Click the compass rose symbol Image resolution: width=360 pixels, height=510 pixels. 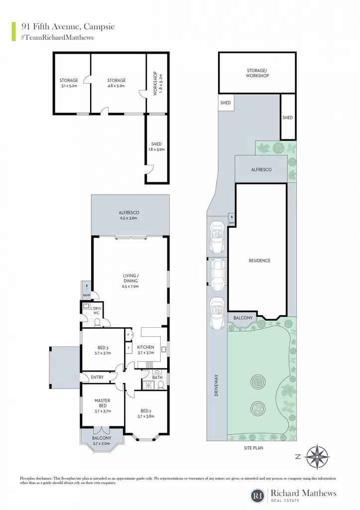click(x=316, y=457)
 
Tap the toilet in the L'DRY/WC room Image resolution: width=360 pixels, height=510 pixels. click(x=97, y=323)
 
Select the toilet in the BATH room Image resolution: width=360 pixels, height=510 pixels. click(x=161, y=385)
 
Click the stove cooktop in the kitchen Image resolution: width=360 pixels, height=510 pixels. click(x=149, y=365)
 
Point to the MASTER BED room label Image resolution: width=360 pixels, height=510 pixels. click(x=103, y=403)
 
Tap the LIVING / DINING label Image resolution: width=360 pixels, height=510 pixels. click(x=130, y=278)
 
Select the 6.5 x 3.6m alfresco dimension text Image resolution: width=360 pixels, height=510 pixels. click(x=129, y=218)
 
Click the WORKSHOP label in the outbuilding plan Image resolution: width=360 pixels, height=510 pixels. click(x=155, y=83)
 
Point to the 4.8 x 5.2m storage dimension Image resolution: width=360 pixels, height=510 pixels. click(x=117, y=86)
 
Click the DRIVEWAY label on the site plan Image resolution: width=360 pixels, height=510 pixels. click(x=217, y=385)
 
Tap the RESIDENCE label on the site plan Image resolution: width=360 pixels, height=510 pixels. click(x=259, y=260)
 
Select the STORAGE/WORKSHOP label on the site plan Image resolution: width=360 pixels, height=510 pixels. click(x=257, y=73)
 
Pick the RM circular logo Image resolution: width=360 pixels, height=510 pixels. click(x=258, y=496)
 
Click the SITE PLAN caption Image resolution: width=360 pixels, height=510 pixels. click(x=253, y=448)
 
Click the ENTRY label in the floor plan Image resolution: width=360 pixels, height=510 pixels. click(x=97, y=378)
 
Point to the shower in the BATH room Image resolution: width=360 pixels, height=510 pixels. click(x=148, y=385)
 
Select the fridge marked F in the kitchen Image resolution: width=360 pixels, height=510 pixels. click(x=128, y=348)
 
